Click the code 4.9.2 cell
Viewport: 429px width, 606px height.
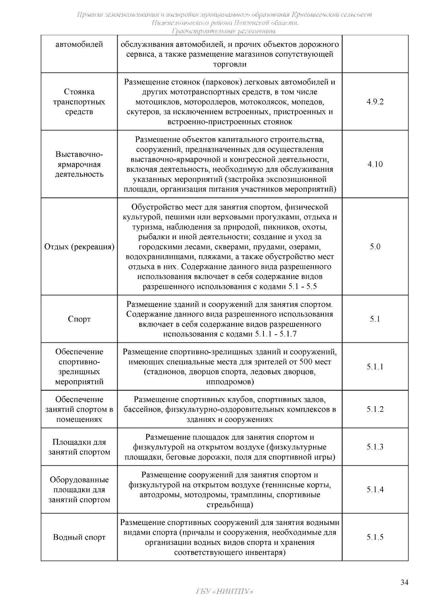tap(375, 102)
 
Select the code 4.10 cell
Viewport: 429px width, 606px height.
tap(375, 164)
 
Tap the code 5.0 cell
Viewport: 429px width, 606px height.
tap(375, 247)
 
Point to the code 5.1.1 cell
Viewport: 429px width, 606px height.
tap(375, 367)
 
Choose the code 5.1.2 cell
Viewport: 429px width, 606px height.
tap(375, 409)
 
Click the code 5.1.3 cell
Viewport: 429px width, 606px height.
tap(375, 447)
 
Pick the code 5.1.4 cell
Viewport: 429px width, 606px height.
tap(375, 490)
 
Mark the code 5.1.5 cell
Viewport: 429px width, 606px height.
tap(375, 537)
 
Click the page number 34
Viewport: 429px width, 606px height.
tap(404, 582)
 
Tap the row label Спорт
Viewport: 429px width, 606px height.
tap(79, 319)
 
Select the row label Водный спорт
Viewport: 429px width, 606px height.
tap(79, 537)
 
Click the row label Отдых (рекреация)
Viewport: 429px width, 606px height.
tap(79, 247)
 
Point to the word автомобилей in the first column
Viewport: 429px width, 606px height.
tap(79, 45)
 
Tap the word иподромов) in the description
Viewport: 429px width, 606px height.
tap(230, 382)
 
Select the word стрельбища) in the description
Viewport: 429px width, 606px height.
tap(230, 505)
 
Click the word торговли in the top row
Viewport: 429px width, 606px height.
tap(230, 64)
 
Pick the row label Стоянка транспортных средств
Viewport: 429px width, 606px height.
tap(79, 102)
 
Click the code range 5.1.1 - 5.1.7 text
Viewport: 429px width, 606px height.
tap(276, 334)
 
